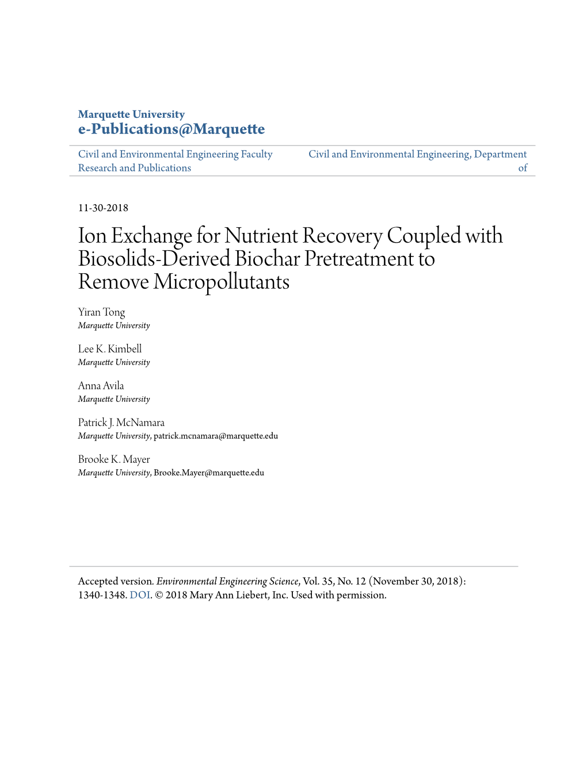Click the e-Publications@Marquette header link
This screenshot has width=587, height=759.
click(x=171, y=129)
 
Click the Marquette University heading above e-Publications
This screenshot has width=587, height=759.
click(x=131, y=114)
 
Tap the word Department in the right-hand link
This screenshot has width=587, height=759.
click(x=500, y=154)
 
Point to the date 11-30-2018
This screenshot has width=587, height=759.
click(x=103, y=208)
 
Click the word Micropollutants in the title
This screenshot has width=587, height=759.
click(x=222, y=282)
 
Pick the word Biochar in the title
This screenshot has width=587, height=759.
click(x=267, y=259)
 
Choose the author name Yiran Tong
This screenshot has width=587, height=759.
click(x=101, y=312)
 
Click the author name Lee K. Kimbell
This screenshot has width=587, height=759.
click(x=110, y=349)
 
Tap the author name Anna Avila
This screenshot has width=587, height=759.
click(x=101, y=386)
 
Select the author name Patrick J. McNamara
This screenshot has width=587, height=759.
click(x=121, y=423)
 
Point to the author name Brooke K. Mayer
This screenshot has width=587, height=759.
click(x=114, y=459)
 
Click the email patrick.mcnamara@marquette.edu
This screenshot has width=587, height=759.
click(x=216, y=436)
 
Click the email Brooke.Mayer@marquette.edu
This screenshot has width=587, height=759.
click(x=209, y=473)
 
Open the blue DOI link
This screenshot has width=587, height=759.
click(x=140, y=595)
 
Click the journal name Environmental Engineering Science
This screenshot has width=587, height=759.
click(x=227, y=581)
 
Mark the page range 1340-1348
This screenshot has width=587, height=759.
click(x=102, y=595)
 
